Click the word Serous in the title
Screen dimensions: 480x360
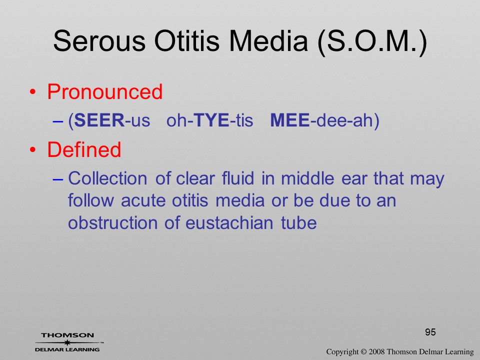pos(99,41)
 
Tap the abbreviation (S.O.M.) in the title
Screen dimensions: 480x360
pos(372,42)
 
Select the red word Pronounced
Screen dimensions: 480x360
pos(104,91)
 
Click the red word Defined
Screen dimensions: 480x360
pos(84,149)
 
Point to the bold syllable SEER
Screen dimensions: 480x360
pos(99,120)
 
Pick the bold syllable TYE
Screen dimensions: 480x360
pos(211,120)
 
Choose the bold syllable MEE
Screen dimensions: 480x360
pos(290,120)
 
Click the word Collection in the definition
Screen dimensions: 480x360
pos(107,178)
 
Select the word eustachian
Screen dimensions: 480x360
pos(229,222)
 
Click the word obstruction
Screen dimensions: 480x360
pos(112,222)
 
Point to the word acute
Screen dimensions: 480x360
pos(143,201)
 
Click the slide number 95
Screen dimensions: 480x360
pos(430,332)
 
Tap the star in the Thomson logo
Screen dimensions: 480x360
pos(67,342)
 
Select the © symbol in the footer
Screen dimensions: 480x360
pos(363,352)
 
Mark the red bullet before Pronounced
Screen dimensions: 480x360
pos(33,92)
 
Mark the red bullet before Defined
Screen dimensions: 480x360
pos(33,149)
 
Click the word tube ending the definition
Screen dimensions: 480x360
pos(299,222)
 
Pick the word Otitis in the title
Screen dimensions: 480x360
pos(186,41)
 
